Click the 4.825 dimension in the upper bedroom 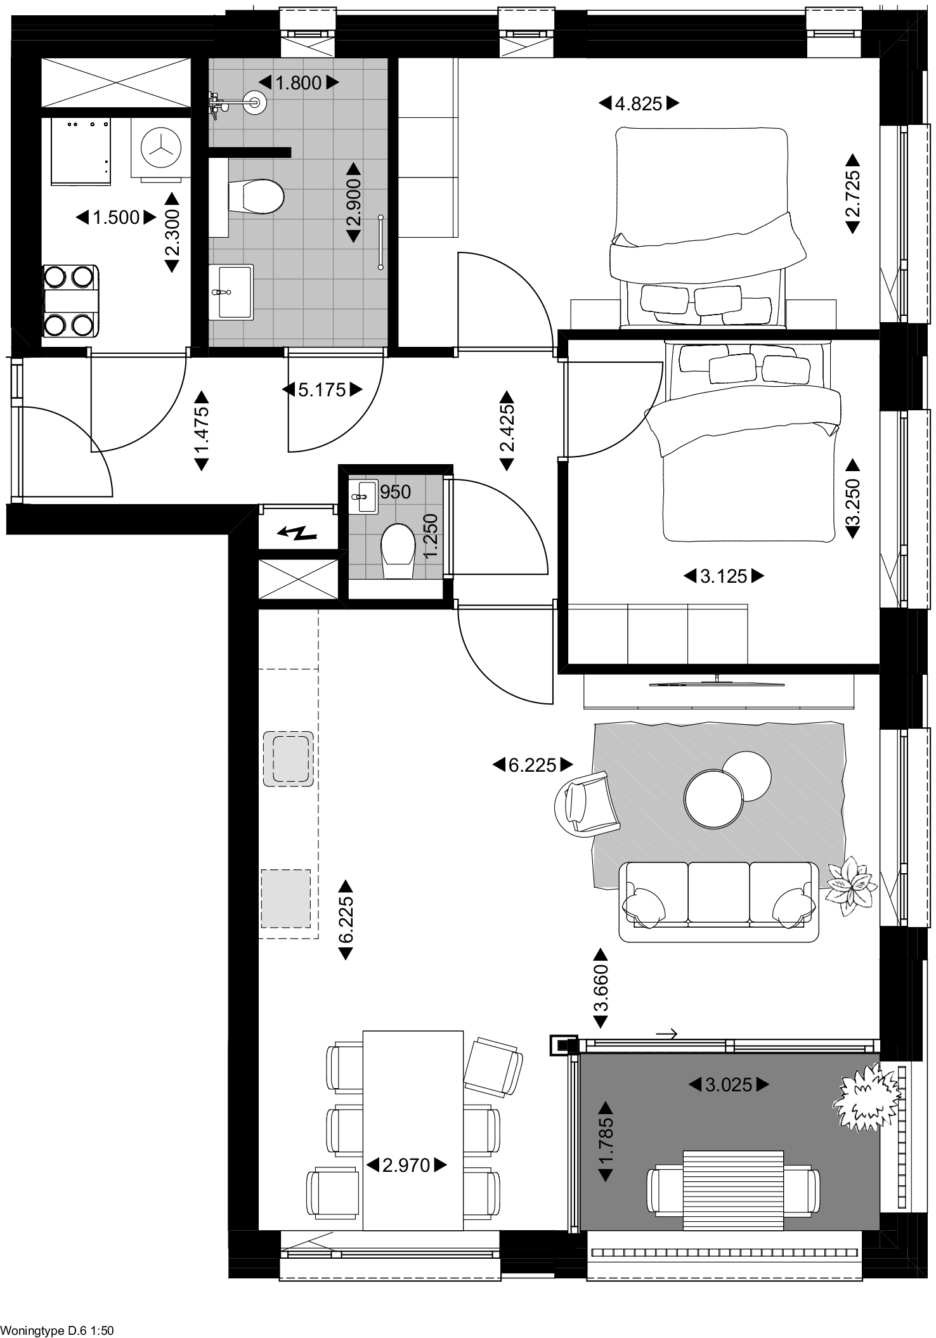coord(639,103)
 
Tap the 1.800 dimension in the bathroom coord(299,82)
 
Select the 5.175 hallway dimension coord(322,389)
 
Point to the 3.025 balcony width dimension coord(729,1085)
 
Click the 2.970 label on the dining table coord(407,1165)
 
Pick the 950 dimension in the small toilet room coord(396,491)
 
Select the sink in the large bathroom coord(231,291)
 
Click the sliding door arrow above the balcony coord(667,1034)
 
